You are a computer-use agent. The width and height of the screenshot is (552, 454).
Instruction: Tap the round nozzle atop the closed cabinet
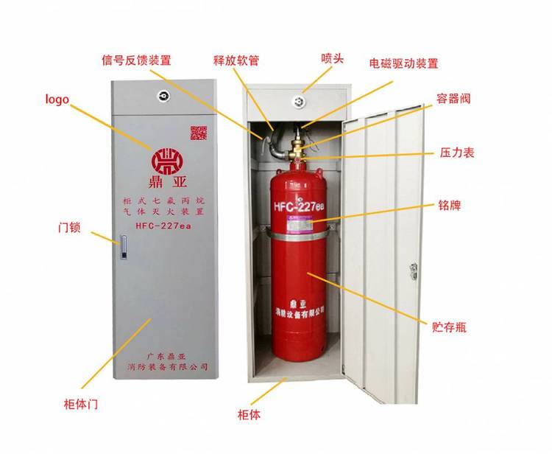pyautogui.click(x=163, y=95)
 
